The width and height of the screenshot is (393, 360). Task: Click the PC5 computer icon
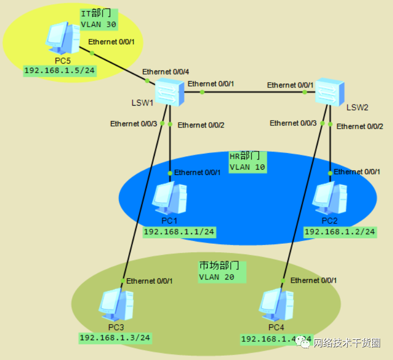coord(60,38)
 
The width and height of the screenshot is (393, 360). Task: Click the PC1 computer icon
coord(169,198)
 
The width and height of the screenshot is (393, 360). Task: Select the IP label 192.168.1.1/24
coord(179,231)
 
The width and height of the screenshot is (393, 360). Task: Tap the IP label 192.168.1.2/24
coord(340,232)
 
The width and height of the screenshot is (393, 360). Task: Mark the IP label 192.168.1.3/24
coord(115,338)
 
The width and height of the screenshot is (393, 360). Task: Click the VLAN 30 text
coord(98,24)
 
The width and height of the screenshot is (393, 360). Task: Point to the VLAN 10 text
coord(247,167)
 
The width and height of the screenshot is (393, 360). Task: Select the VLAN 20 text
coord(217,277)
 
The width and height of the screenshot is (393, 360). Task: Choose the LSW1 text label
coord(143,102)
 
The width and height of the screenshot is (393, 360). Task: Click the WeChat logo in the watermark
coord(304,343)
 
